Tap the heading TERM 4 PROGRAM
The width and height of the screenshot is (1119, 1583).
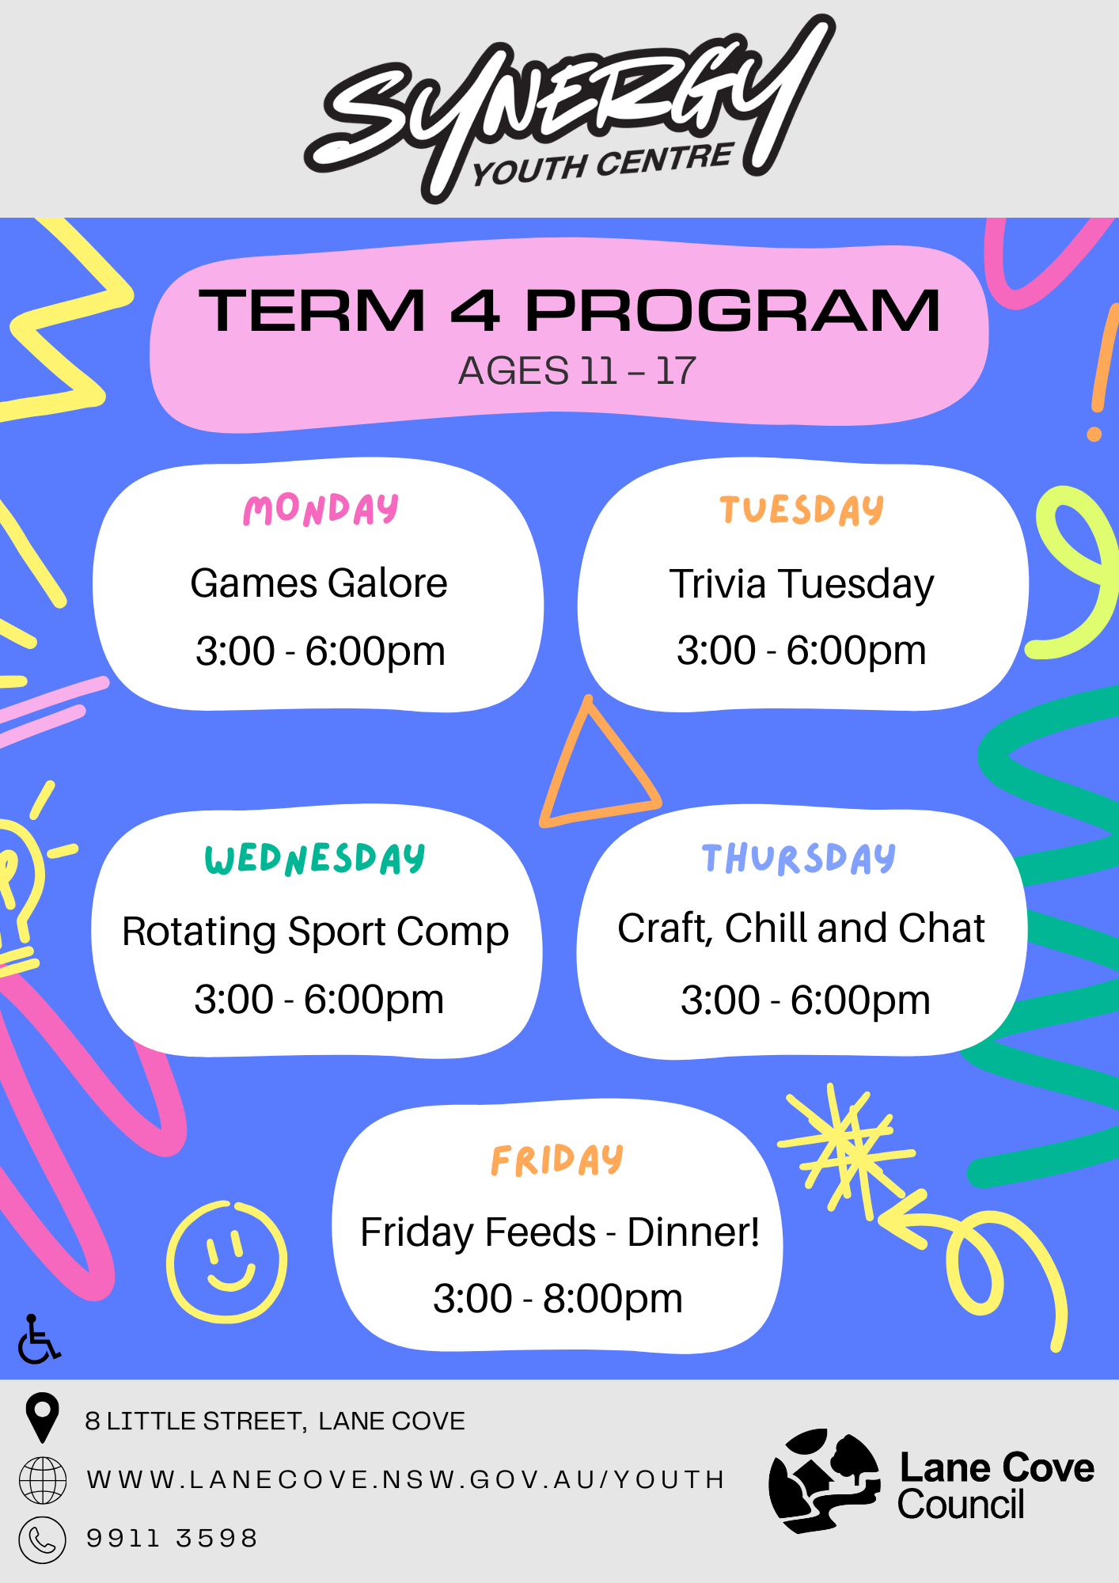[x=569, y=310]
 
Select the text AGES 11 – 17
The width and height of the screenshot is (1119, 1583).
[x=577, y=370]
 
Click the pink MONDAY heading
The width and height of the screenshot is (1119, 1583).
[x=321, y=509]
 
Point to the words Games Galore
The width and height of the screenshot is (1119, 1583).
[x=319, y=583]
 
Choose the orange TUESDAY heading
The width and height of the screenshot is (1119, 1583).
[x=801, y=509]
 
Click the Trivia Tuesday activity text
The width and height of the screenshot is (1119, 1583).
[x=801, y=584]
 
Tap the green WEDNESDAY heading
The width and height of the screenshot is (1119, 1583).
[x=315, y=859]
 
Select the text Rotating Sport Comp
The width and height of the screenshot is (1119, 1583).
[x=315, y=931]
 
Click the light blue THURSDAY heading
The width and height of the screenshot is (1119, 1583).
[x=798, y=859]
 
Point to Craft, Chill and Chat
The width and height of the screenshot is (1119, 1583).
[x=801, y=928]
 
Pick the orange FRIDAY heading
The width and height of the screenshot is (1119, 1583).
[x=557, y=1160]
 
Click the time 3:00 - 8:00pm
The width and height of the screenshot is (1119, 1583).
[x=557, y=1298]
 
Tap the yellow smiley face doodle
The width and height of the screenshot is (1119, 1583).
[x=226, y=1262]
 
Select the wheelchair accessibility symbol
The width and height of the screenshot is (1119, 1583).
[x=38, y=1340]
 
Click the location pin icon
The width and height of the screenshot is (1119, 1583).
[x=42, y=1416]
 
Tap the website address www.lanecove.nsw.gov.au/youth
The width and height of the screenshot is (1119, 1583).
[x=405, y=1479]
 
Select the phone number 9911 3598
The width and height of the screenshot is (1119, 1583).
[x=172, y=1538]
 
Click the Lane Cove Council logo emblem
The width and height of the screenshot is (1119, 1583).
[x=824, y=1479]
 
